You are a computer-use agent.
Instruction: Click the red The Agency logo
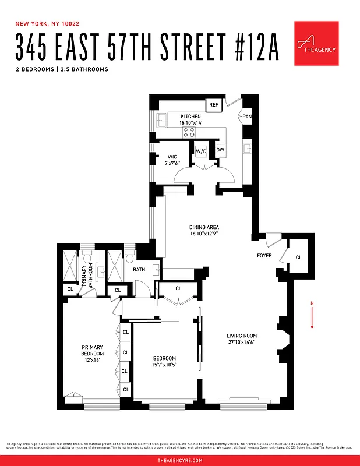tap(316, 44)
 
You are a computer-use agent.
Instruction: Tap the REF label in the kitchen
tap(214, 105)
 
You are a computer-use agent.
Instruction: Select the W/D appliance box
tap(201, 151)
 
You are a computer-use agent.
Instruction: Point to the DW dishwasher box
tap(220, 150)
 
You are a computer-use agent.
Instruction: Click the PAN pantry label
tap(247, 116)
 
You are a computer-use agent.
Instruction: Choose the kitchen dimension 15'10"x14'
tap(190, 123)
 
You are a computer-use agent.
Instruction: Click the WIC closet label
tap(172, 156)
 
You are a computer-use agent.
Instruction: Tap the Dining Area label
tap(204, 227)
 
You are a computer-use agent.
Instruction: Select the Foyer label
tap(264, 256)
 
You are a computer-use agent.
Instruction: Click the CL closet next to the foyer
tap(298, 257)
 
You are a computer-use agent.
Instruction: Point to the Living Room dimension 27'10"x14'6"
tap(242, 343)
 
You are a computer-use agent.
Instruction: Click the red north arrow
tap(313, 315)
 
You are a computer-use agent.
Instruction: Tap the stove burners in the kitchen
tap(189, 133)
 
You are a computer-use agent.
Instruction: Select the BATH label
tap(139, 270)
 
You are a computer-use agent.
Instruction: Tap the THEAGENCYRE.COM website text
tap(180, 460)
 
